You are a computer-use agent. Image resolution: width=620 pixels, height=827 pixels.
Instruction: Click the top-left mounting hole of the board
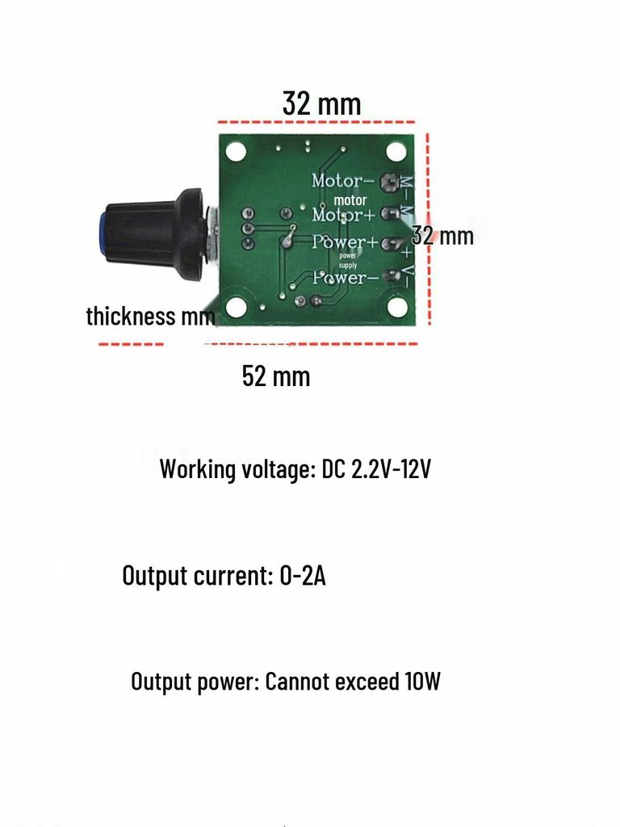pos(236,151)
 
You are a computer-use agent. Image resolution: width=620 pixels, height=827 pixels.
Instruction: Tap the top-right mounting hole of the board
pos(396,151)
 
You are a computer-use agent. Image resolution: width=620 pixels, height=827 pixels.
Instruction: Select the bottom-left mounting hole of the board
pos(236,307)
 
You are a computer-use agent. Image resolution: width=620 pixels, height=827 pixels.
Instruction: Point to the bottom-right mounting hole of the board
pos(396,307)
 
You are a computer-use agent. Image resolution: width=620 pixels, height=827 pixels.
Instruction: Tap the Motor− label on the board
pos(343,180)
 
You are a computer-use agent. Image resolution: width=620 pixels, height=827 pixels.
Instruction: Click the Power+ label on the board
pos(345,242)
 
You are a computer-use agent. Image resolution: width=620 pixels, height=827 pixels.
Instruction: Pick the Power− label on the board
pos(345,279)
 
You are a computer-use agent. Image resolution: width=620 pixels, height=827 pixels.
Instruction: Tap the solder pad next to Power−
pos(392,277)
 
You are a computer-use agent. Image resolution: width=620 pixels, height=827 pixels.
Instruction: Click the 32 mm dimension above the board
pos(321,103)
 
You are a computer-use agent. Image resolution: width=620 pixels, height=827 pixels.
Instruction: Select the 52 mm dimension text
pos(276,376)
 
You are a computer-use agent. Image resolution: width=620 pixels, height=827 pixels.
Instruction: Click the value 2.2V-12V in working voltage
pos(391,468)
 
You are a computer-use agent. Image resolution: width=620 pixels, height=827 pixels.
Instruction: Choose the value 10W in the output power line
pos(421,682)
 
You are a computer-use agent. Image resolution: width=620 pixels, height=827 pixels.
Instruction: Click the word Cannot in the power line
pos(294,682)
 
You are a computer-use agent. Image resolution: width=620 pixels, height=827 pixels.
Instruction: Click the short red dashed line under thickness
pos(131,345)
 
